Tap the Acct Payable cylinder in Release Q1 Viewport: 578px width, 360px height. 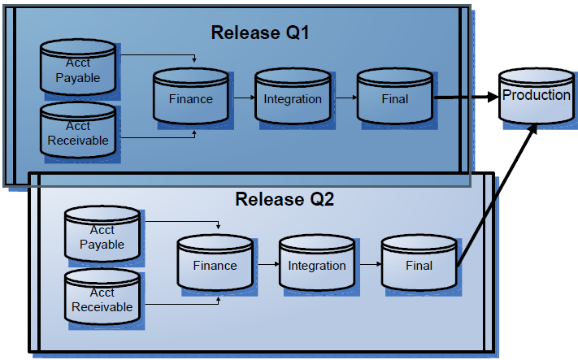pos(78,72)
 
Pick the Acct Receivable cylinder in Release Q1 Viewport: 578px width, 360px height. pos(78,132)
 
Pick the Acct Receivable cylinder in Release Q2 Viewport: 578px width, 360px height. pos(102,298)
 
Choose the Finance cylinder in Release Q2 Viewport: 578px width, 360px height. pos(215,264)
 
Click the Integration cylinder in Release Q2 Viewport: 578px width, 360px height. pos(317,264)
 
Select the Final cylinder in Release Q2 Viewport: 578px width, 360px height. pos(419,264)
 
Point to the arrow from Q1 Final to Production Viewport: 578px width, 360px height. pos(465,98)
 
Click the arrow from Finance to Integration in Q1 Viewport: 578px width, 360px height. pos(241,98)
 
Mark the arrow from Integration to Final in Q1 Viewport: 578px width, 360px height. pos(344,98)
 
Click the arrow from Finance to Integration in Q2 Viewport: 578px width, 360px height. pos(266,264)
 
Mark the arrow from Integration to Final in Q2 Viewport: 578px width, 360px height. pos(368,264)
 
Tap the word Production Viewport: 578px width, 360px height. pos(537,95)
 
